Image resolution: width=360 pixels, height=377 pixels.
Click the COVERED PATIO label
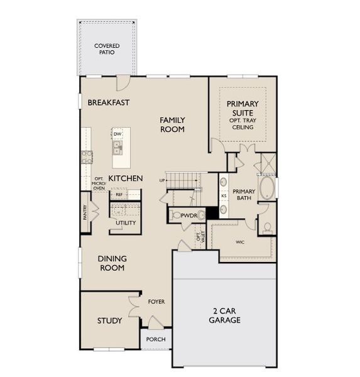pos(107,49)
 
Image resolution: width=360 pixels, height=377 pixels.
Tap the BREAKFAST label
pos(109,102)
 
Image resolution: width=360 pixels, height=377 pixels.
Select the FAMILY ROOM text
pos(172,124)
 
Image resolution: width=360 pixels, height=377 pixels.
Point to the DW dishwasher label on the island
pos(117,134)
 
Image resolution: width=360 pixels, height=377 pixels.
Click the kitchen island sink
pos(117,148)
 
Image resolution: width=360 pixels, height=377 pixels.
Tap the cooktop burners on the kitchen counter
pos(87,157)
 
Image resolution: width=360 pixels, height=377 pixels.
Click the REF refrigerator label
pos(119,195)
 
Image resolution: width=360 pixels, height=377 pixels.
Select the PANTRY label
pos(85,212)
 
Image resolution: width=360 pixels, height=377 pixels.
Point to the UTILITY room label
pos(126,223)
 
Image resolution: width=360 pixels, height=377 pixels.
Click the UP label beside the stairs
pos(162,180)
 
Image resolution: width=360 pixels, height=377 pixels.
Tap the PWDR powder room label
pos(188,216)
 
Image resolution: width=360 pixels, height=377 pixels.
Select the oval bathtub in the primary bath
pos(266,188)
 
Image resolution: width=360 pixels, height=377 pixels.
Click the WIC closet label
pos(240,242)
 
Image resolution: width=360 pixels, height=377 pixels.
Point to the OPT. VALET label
pos(200,236)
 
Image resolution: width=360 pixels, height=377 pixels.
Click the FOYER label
pos(156,302)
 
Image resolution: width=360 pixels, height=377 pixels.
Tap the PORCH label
pos(156,339)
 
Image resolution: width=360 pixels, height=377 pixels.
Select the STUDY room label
pos(109,320)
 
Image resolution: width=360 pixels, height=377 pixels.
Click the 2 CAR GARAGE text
pos(225,315)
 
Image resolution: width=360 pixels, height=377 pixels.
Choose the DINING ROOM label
pos(112,263)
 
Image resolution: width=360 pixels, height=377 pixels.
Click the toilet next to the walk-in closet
pos(268,228)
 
